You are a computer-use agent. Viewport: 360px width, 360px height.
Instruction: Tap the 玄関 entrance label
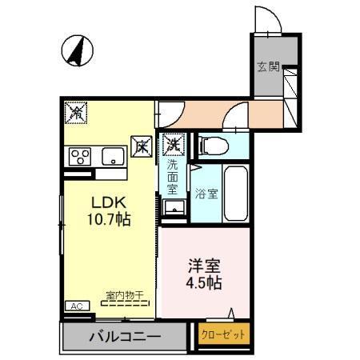(268, 67)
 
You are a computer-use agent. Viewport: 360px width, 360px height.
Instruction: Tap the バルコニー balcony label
(125, 337)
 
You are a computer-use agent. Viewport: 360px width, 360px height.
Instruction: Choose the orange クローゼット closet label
(223, 335)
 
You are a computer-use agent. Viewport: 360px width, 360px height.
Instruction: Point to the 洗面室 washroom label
(172, 178)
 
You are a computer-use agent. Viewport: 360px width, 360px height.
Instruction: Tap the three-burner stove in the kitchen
(81, 155)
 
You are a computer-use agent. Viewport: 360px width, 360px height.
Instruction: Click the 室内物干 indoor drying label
(124, 296)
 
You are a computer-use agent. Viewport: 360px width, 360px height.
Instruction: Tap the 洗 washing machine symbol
(172, 145)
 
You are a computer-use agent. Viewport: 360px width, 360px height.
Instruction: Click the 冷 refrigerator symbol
(77, 114)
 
